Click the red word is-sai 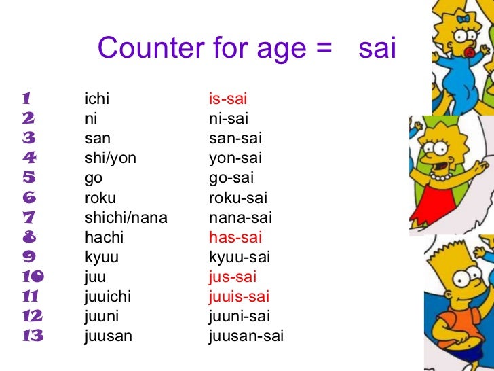click(x=227, y=100)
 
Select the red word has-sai click(x=235, y=238)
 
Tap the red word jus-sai click(x=233, y=277)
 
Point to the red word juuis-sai click(x=239, y=297)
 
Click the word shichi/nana click(x=126, y=218)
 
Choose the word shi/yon click(x=110, y=159)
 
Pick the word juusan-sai click(x=246, y=336)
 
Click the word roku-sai click(x=237, y=198)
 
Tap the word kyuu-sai click(x=239, y=258)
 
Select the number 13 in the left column click(x=32, y=336)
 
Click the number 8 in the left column click(x=28, y=238)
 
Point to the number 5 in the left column click(x=28, y=179)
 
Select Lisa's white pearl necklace click(x=441, y=176)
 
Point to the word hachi click(x=104, y=238)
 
